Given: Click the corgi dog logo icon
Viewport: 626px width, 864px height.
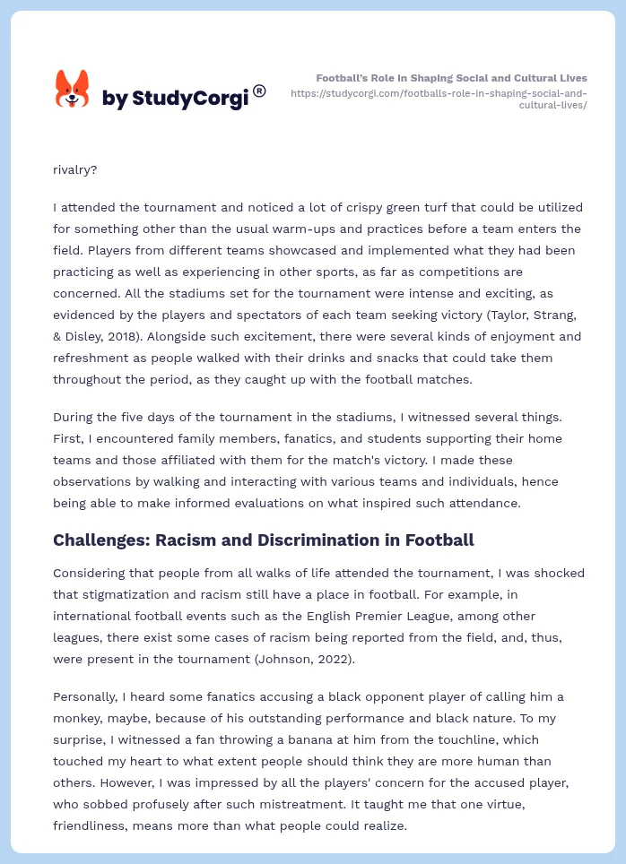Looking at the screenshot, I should point(73,89).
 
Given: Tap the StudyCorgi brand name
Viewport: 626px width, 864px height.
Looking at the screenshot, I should point(175,98).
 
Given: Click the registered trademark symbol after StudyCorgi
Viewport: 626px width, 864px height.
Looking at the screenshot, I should point(259,91).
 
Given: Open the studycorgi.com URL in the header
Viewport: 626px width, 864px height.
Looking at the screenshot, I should point(439,99).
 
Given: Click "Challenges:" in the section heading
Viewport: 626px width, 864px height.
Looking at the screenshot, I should point(100,540).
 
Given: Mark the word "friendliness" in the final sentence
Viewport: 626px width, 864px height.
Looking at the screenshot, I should point(93,825).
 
